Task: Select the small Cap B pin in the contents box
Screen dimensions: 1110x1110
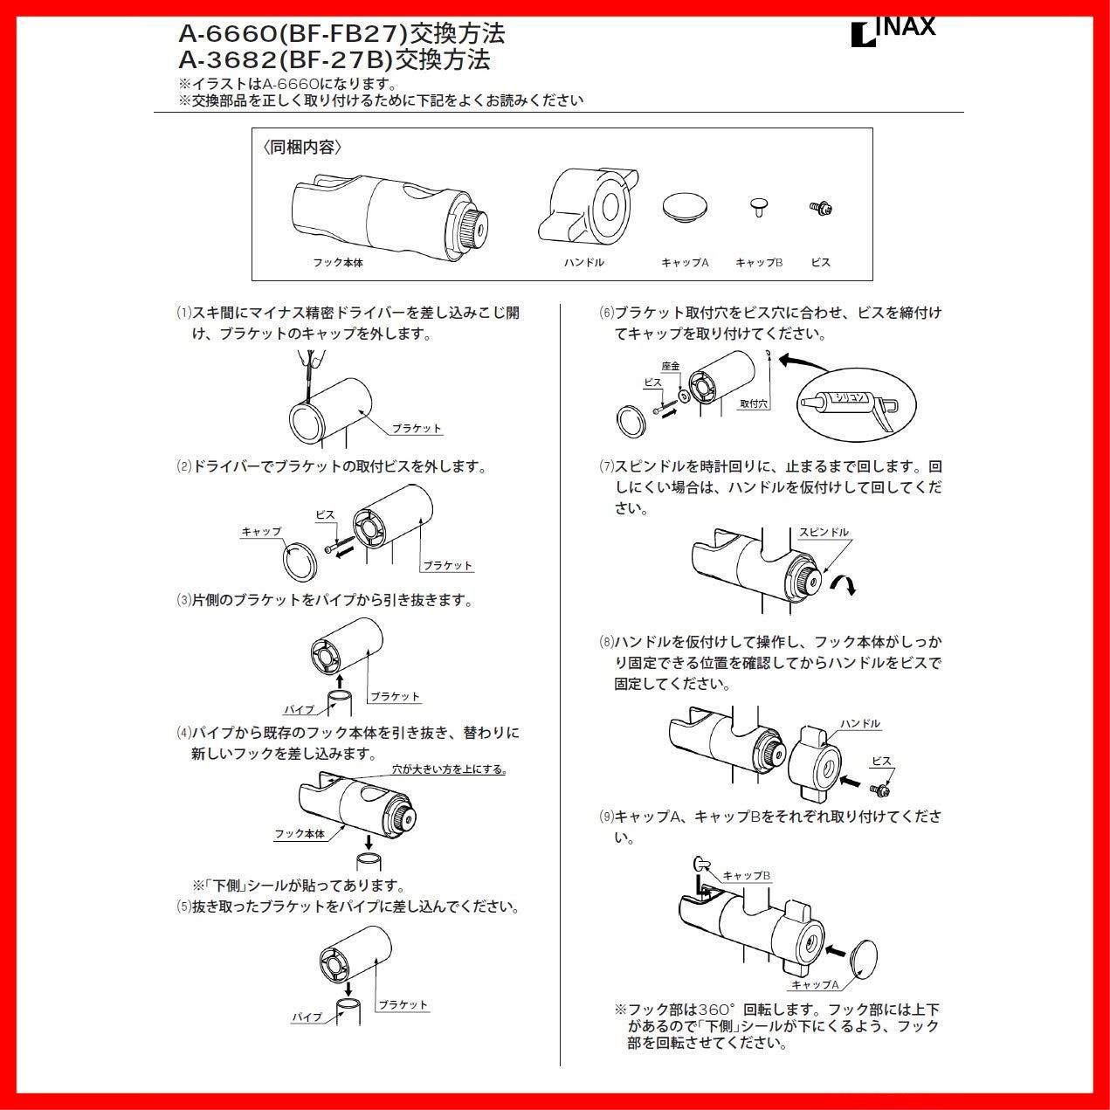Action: pos(758,208)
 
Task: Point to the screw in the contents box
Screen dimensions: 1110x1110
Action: pos(820,208)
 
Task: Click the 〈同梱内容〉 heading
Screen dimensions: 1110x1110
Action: pos(302,148)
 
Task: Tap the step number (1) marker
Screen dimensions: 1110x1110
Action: pos(183,313)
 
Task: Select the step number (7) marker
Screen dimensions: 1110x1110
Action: pos(606,466)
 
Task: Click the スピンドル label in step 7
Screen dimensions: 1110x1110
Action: pos(823,532)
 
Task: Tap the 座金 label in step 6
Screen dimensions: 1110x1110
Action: pos(671,366)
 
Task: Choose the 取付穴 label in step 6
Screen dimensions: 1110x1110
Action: pos(753,403)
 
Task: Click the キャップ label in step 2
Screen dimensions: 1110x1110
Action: pos(261,531)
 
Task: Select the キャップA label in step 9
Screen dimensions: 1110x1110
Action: pos(814,984)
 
